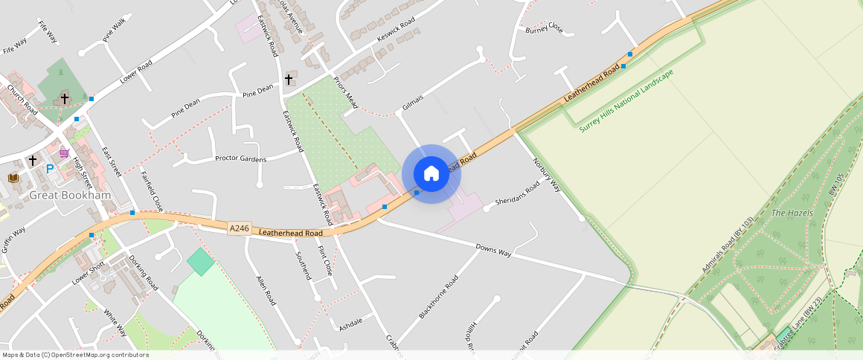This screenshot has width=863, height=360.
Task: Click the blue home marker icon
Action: pos(431,174)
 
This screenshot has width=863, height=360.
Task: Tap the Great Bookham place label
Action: pos(70,196)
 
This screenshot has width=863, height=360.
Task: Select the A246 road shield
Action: pos(239,228)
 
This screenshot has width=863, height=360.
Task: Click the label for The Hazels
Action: pos(788,213)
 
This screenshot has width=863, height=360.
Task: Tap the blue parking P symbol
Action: pos(50,169)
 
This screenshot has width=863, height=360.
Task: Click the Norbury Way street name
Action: pos(547,174)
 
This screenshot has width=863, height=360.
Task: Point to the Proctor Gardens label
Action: pos(240,158)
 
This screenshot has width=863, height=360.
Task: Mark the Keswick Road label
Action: pos(396,30)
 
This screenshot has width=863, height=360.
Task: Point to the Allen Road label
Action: pos(266,290)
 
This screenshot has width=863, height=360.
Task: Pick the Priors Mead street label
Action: pos(345,92)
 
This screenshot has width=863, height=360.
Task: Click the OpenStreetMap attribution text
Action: pos(74,355)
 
